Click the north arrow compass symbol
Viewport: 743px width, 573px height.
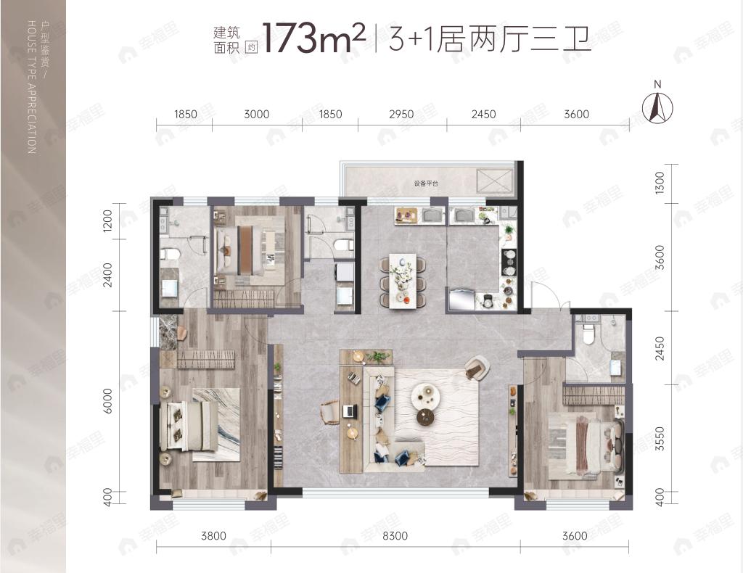tap(658, 107)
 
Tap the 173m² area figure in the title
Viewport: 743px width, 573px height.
tap(312, 38)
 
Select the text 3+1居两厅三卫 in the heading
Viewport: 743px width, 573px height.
tap(490, 38)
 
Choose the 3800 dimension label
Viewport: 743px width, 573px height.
tap(213, 536)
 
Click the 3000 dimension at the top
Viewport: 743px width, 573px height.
tap(256, 114)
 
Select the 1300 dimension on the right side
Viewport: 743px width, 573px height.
tap(659, 182)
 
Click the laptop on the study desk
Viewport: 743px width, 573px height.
tap(349, 411)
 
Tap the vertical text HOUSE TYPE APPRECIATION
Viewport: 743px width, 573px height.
tap(30, 87)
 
